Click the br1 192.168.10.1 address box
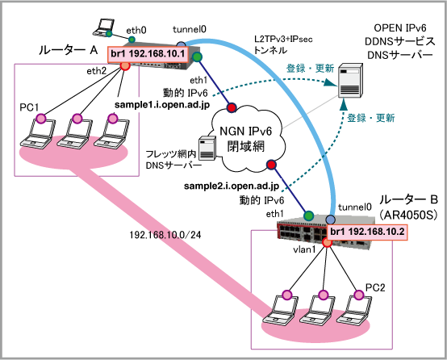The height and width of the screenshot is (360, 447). [148, 54]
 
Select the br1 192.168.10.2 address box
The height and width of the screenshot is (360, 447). [367, 232]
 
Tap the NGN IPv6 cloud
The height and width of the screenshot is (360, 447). [246, 139]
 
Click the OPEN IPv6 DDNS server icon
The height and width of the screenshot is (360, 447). [350, 81]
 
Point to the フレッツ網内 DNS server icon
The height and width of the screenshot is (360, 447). [207, 149]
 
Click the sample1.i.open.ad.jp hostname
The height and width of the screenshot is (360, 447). [162, 105]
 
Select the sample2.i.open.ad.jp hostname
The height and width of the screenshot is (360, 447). [232, 186]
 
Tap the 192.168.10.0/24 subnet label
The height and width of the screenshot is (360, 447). [165, 235]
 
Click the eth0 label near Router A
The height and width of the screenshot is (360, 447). [136, 30]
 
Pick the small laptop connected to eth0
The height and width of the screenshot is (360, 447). [103, 27]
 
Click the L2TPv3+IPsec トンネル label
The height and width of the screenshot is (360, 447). [283, 44]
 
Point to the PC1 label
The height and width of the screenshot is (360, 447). [29, 107]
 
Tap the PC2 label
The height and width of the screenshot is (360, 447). [375, 287]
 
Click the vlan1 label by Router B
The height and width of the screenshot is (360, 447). [304, 249]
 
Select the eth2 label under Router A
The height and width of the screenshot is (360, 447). [96, 71]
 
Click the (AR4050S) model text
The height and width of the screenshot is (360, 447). [408, 215]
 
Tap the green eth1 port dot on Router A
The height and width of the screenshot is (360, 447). [197, 57]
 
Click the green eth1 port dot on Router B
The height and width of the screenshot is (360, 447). [308, 216]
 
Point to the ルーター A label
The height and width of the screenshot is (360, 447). [68, 51]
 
